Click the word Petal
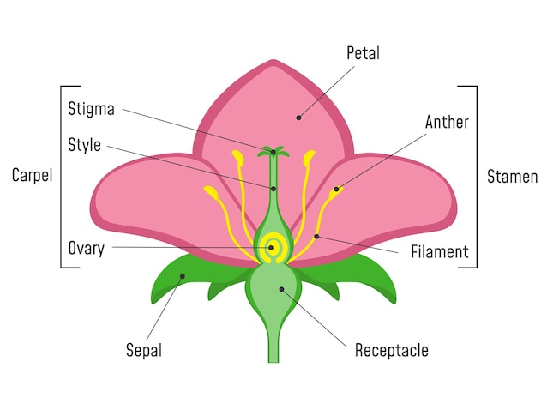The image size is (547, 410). [x=363, y=53]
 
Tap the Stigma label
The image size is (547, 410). [x=91, y=109]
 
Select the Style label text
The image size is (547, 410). [x=84, y=143]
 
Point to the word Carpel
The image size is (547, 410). [x=32, y=176]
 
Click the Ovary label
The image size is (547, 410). [x=87, y=249]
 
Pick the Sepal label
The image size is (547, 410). [x=144, y=350]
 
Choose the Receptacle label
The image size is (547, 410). [x=391, y=350]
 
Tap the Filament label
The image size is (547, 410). [x=439, y=252]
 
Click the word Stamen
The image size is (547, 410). [x=512, y=178]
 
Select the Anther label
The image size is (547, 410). [x=447, y=122]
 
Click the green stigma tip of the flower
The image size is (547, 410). [x=273, y=153]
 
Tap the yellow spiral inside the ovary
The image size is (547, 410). [x=272, y=247]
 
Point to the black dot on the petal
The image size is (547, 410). [x=299, y=118]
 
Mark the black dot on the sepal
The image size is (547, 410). [x=182, y=276]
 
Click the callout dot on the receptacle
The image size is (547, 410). [x=281, y=289]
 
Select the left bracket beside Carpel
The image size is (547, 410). [x=62, y=176]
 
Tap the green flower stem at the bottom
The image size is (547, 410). [x=273, y=343]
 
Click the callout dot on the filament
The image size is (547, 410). [x=316, y=236]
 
